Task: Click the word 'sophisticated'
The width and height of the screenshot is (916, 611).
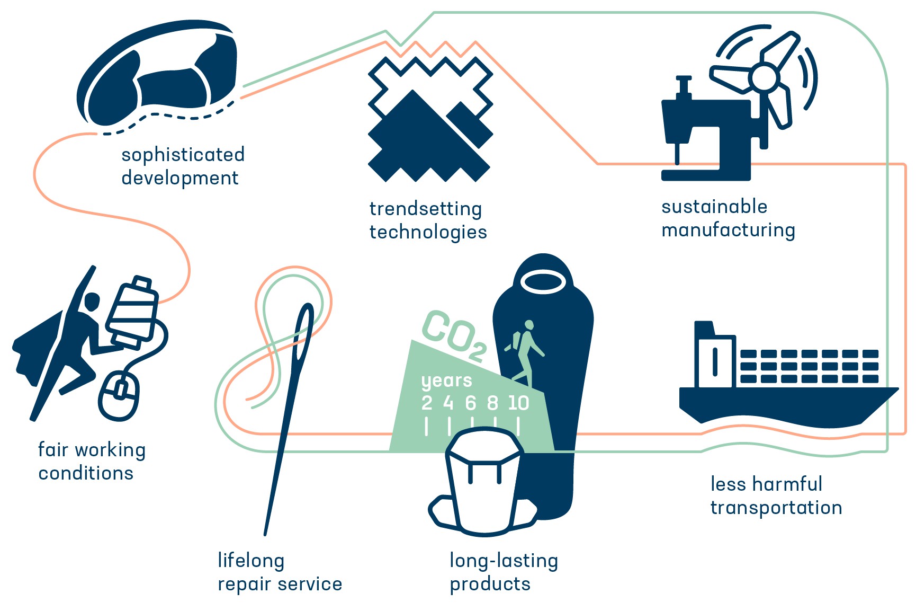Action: click(183, 154)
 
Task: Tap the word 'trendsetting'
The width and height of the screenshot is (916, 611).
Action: click(426, 209)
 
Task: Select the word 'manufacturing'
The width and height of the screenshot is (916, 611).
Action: click(728, 230)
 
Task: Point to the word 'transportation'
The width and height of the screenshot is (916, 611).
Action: click(776, 507)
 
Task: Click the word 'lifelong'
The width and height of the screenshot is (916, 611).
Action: click(251, 561)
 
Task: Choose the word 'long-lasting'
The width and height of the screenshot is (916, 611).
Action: click(504, 561)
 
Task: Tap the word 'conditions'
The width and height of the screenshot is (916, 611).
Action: click(86, 473)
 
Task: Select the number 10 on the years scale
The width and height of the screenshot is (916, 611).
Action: click(518, 403)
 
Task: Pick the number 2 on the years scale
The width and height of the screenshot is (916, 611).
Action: click(427, 403)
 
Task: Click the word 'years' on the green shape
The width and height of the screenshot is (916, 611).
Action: click(446, 380)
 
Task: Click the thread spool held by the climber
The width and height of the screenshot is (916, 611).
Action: click(132, 312)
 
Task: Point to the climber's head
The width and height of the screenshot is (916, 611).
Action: click(92, 302)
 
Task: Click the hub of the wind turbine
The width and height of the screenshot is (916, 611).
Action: click(764, 77)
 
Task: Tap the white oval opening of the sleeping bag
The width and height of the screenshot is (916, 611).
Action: click(543, 282)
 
